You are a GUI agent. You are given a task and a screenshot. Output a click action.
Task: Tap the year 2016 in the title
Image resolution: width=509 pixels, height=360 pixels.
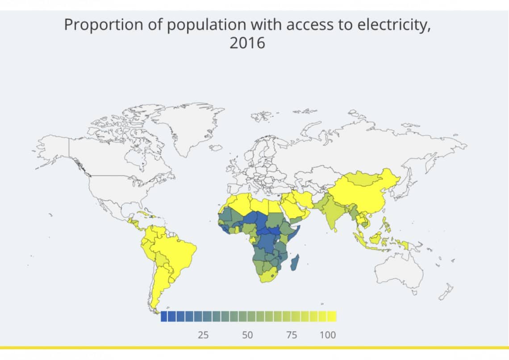pyautogui.click(x=247, y=43)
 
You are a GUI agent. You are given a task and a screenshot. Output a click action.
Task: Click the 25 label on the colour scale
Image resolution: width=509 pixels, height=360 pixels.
pyautogui.click(x=203, y=335)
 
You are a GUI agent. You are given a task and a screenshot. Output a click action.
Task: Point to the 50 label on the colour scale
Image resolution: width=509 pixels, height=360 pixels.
pyautogui.click(x=247, y=335)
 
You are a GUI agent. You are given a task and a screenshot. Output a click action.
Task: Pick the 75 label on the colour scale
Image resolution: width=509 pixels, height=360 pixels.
pyautogui.click(x=291, y=335)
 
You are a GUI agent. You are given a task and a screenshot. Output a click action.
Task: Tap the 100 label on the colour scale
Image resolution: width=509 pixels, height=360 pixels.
pyautogui.click(x=328, y=335)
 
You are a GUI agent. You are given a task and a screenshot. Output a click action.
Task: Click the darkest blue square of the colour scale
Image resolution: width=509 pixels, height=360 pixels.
pyautogui.click(x=164, y=317)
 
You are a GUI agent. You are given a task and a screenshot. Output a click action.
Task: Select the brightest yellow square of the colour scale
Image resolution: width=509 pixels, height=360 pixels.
pyautogui.click(x=332, y=317)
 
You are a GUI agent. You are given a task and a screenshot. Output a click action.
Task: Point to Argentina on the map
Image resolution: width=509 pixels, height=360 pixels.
pyautogui.click(x=159, y=286)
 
